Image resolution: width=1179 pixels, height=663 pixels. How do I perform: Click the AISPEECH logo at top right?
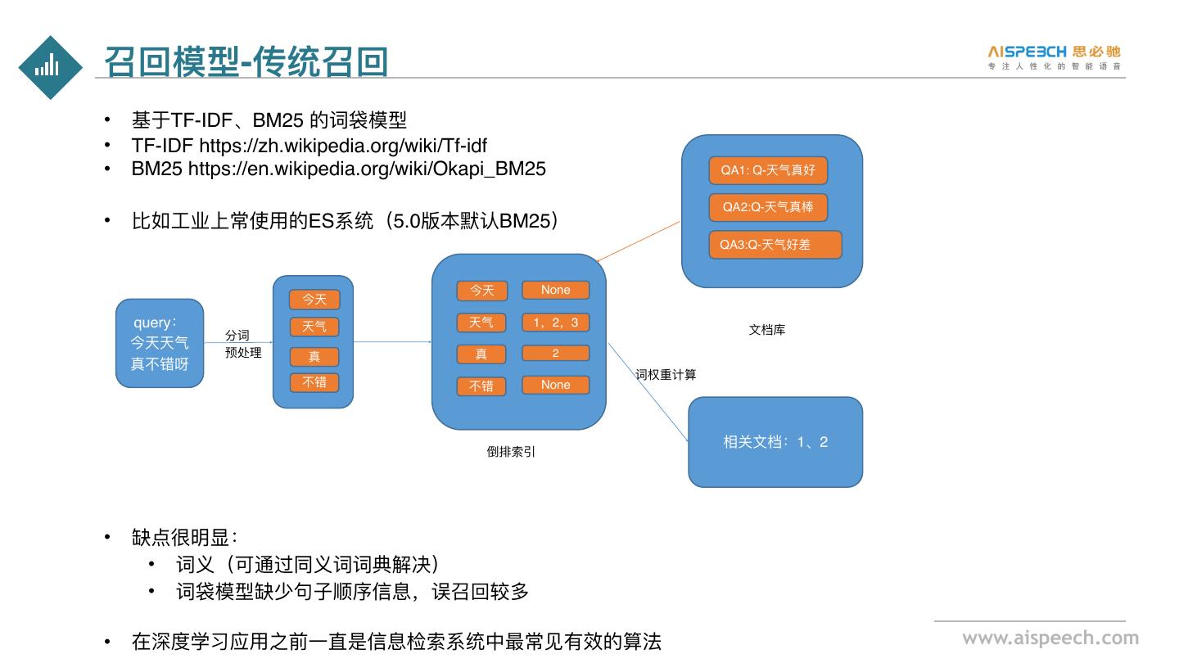pyautogui.click(x=1054, y=56)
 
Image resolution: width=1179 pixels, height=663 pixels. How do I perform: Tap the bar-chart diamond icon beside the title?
pyautogui.click(x=51, y=67)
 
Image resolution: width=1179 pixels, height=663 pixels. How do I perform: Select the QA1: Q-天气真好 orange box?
pyautogui.click(x=768, y=170)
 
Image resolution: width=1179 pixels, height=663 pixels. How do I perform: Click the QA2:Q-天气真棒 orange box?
pyautogui.click(x=768, y=207)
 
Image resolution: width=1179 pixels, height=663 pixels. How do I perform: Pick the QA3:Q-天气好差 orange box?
pyautogui.click(x=775, y=244)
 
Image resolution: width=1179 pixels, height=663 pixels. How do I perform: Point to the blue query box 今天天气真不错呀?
pyautogui.click(x=160, y=343)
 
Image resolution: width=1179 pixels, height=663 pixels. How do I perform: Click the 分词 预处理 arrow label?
pyautogui.click(x=242, y=344)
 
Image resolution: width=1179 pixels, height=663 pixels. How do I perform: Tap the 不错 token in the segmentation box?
pyautogui.click(x=314, y=382)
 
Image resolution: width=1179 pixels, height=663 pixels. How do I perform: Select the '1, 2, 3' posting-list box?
pyautogui.click(x=555, y=322)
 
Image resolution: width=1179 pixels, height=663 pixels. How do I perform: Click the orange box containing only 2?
pyautogui.click(x=555, y=354)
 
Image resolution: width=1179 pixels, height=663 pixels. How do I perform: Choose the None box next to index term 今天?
pyautogui.click(x=555, y=290)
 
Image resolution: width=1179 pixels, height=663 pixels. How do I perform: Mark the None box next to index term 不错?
pyautogui.click(x=555, y=385)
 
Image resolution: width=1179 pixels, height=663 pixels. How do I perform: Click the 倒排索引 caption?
pyautogui.click(x=511, y=451)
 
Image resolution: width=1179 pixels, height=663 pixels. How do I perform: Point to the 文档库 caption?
pyautogui.click(x=767, y=330)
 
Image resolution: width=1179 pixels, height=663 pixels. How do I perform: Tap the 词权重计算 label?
pyautogui.click(x=666, y=375)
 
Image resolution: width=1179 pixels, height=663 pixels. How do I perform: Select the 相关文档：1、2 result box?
pyautogui.click(x=775, y=442)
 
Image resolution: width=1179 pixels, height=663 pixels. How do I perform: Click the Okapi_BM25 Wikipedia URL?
pyautogui.click(x=367, y=169)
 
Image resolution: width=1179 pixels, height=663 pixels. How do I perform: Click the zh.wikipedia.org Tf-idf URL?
pyautogui.click(x=343, y=146)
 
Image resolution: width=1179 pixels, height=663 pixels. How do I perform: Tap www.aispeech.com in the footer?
pyautogui.click(x=1050, y=638)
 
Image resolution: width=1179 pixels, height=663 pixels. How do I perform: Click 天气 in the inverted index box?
pyautogui.click(x=481, y=322)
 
